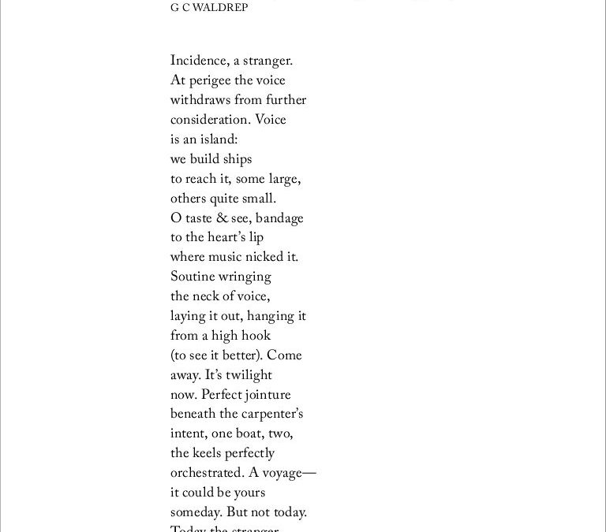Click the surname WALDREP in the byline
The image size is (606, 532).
coord(214,8)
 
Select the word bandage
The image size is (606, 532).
coord(279,218)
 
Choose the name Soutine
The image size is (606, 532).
coord(194,277)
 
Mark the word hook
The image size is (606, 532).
coord(254,336)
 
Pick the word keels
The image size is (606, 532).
coord(208,454)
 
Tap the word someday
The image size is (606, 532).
coord(196,513)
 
